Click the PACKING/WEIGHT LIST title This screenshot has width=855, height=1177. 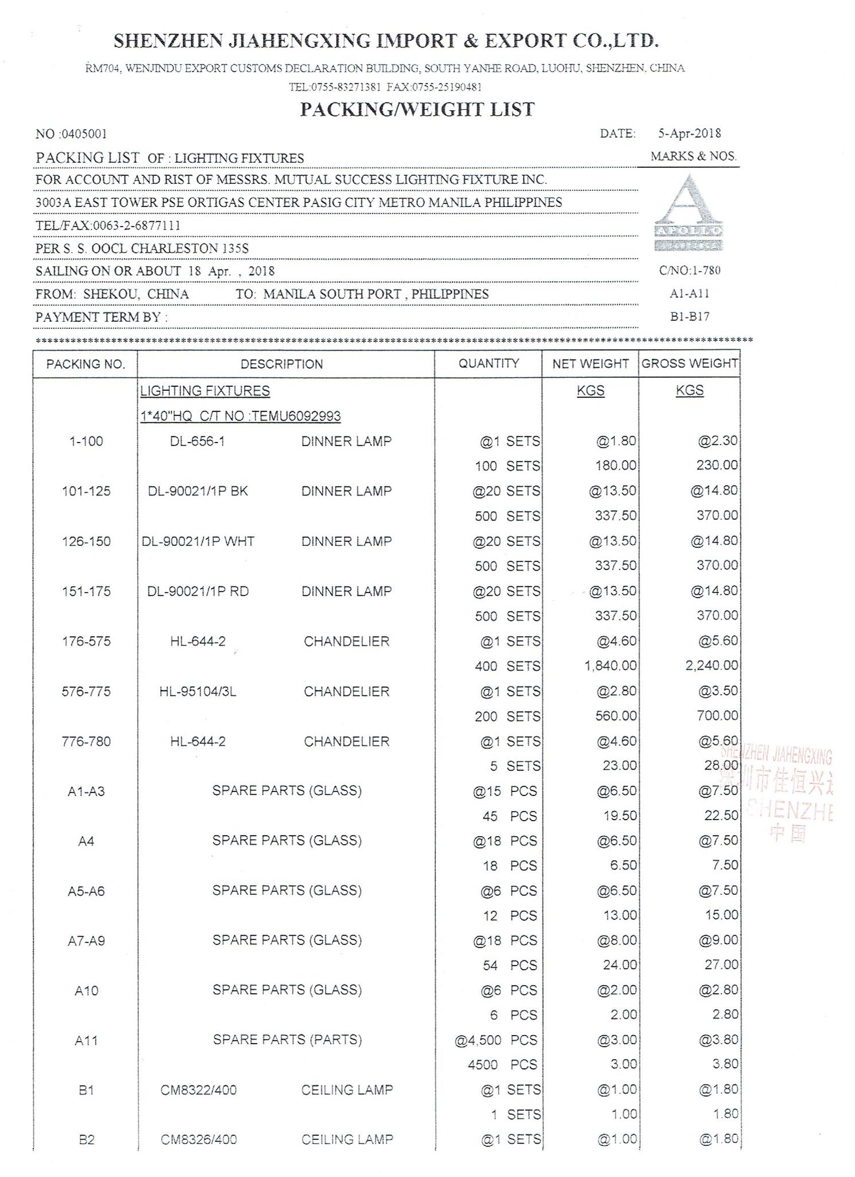(x=417, y=110)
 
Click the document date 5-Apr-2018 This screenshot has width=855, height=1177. (x=689, y=133)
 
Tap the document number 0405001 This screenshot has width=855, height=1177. (x=83, y=134)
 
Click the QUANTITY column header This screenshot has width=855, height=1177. (x=488, y=363)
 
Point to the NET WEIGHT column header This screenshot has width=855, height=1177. (x=590, y=364)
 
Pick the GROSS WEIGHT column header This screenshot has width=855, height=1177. (x=690, y=364)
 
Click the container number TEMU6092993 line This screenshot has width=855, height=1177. (x=241, y=416)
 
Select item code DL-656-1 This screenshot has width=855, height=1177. (x=197, y=441)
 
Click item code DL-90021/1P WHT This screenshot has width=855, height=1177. (x=198, y=541)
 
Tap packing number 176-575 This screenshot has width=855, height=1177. (x=86, y=641)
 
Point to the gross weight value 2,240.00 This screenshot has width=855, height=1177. (x=711, y=666)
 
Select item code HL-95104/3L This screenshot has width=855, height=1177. (x=198, y=691)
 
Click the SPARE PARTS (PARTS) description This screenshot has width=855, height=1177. (x=287, y=1040)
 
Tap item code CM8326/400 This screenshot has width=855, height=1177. (x=198, y=1140)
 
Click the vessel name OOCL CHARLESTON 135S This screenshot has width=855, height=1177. (x=154, y=249)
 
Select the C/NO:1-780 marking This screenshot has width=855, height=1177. (x=689, y=271)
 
